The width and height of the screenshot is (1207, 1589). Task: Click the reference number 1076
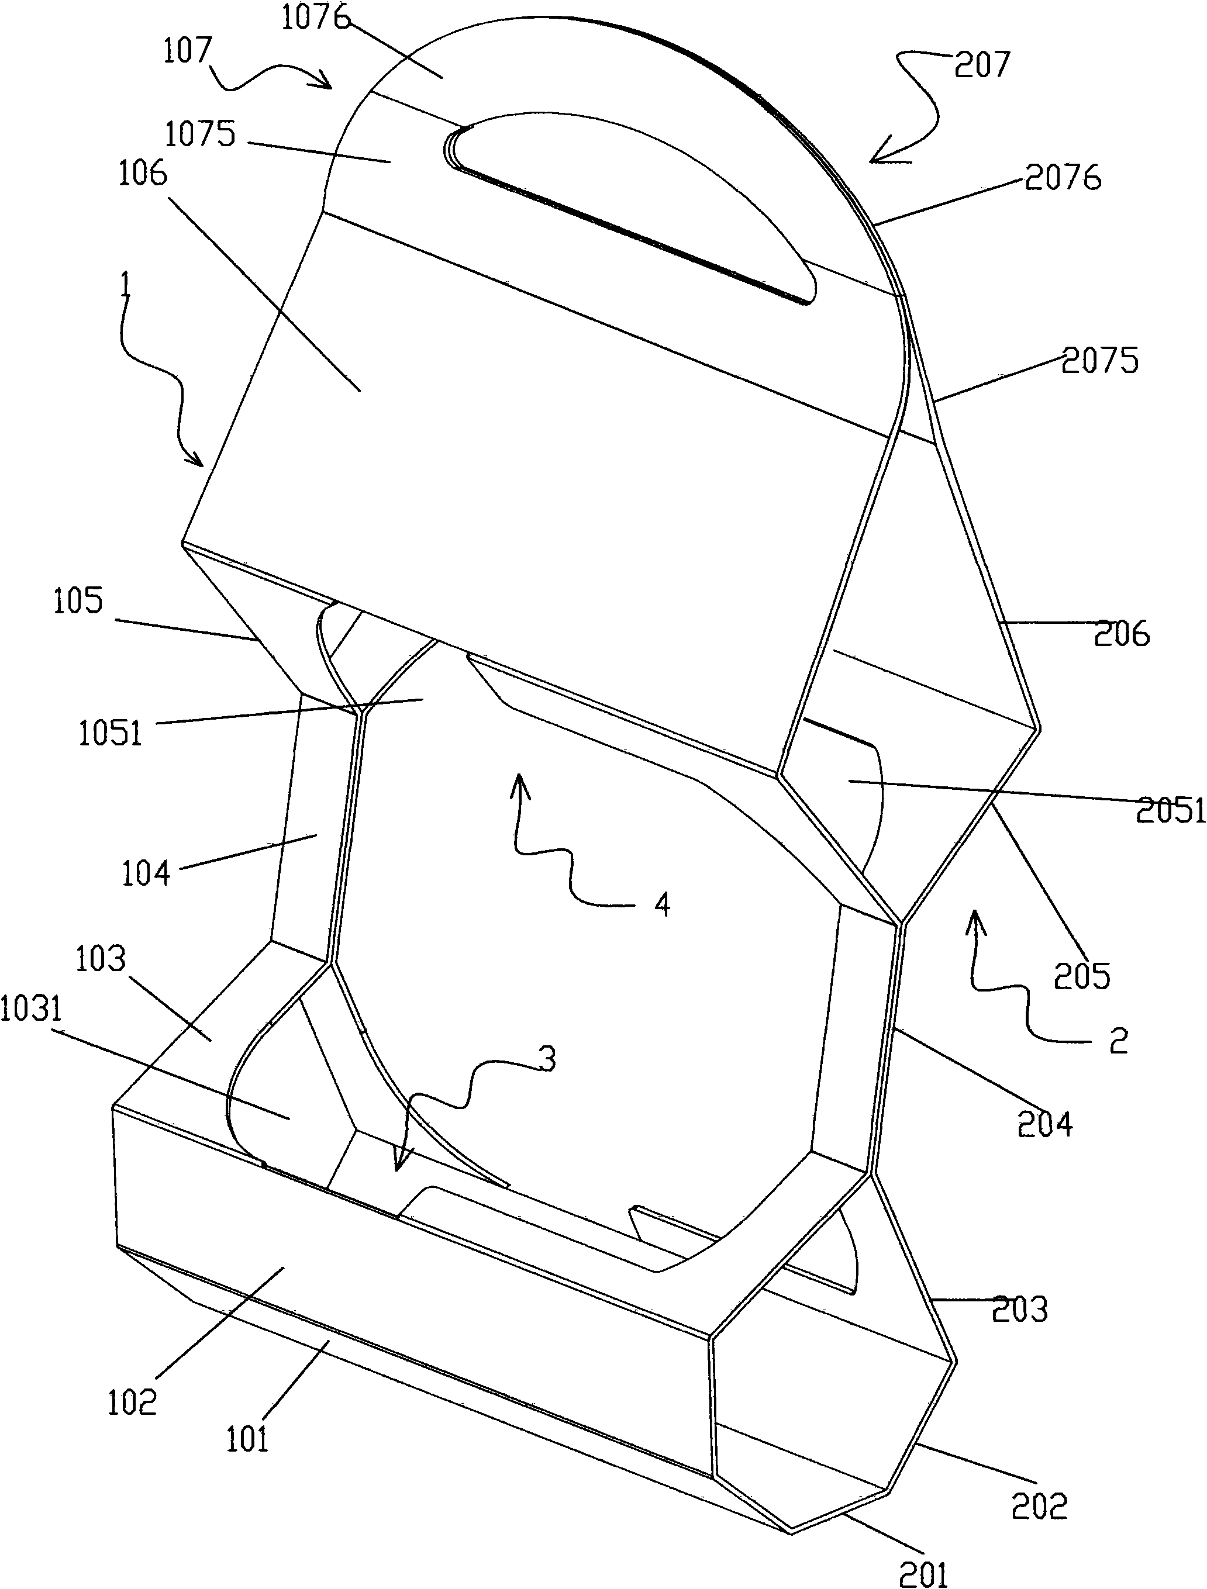(316, 17)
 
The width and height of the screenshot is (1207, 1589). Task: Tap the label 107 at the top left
(188, 51)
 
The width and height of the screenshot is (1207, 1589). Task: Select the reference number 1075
(201, 134)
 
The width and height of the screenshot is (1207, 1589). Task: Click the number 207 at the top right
(981, 65)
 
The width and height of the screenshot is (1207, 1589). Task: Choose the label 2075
(1100, 361)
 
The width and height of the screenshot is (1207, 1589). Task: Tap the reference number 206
(1122, 634)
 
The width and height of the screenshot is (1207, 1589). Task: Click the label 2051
(1170, 810)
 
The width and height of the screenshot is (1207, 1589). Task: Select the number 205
(1082, 976)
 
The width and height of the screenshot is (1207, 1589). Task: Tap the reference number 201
(924, 1574)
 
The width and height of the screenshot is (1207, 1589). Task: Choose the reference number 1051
(110, 734)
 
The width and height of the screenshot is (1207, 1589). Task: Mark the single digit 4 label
(663, 904)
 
